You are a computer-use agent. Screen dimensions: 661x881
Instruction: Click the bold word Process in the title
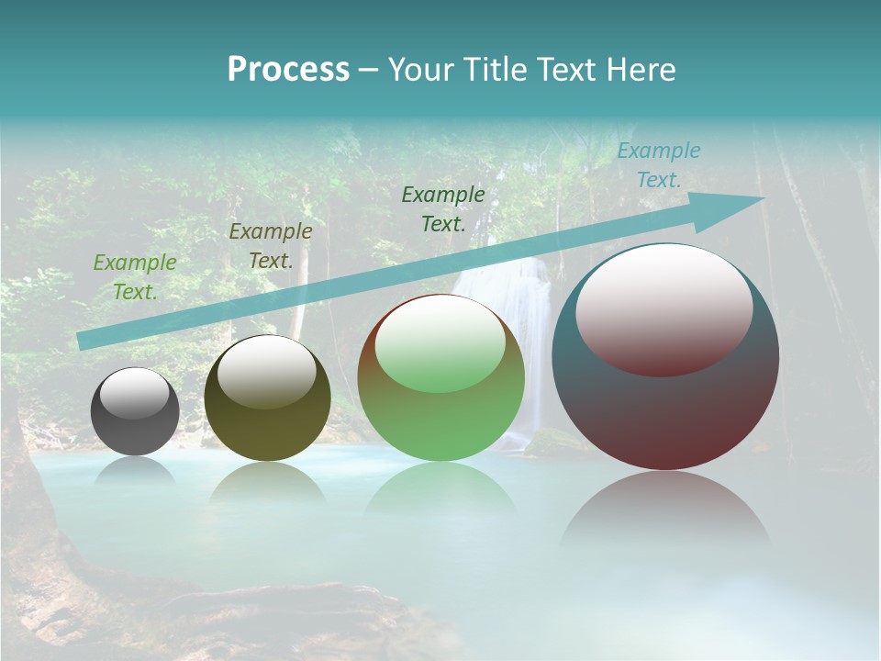288,70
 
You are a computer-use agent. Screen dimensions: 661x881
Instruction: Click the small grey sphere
135,413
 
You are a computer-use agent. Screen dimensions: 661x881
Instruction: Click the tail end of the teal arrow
81,342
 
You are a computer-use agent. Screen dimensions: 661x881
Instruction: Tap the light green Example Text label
135,277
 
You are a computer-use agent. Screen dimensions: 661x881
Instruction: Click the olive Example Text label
270,246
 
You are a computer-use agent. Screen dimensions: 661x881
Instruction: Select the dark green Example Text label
443,208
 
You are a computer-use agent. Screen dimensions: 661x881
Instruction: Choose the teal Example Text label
658,165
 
